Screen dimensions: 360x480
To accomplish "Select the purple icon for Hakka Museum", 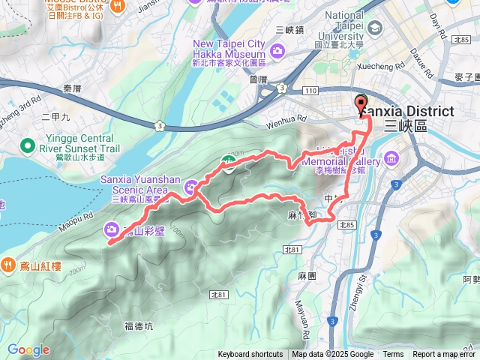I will click(x=278, y=51).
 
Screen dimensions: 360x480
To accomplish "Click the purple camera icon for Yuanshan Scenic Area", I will click(x=193, y=186).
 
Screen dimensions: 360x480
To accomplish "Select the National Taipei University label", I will click(x=344, y=30).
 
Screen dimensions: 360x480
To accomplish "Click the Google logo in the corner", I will click(x=28, y=349).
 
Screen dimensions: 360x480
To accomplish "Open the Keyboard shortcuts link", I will click(x=250, y=355).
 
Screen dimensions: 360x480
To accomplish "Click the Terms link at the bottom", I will click(x=393, y=355).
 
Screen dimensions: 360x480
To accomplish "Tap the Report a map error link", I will click(x=444, y=355).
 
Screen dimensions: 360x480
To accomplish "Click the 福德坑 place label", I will click(x=139, y=326).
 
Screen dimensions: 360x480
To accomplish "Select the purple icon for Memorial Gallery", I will click(x=391, y=158).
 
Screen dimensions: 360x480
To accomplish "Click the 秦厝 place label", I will click(x=73, y=88).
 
